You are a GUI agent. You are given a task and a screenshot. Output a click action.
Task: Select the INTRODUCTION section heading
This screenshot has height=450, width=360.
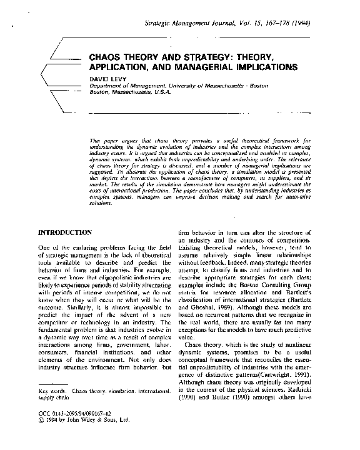tap(66, 232)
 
